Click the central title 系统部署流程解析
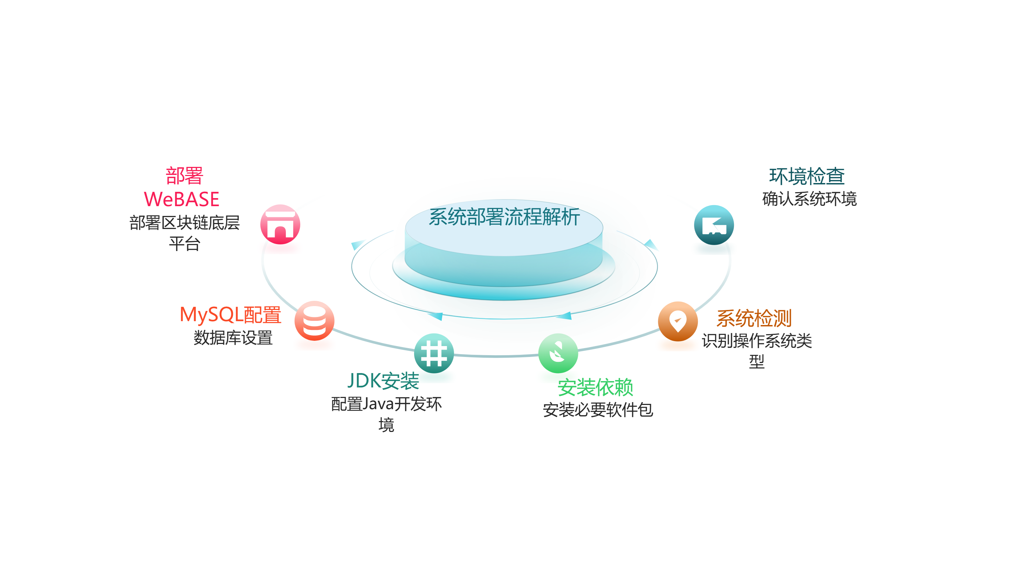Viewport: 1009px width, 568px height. pyautogui.click(x=504, y=217)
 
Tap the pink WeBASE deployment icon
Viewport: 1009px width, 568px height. pyautogui.click(x=280, y=225)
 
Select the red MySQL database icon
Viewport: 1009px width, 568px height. pyautogui.click(x=314, y=321)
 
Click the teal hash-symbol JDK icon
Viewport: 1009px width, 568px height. pyautogui.click(x=434, y=353)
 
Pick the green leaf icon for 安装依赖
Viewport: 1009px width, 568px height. pyautogui.click(x=558, y=353)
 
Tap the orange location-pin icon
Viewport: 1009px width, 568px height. pyautogui.click(x=678, y=322)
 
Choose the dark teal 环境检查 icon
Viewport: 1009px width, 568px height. pyautogui.click(x=714, y=225)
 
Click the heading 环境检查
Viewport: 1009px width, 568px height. pyautogui.click(x=806, y=176)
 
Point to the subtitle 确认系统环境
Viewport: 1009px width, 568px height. pyautogui.click(x=809, y=199)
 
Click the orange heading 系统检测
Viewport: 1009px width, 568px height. pyautogui.click(x=754, y=318)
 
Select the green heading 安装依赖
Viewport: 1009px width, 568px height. pyautogui.click(x=595, y=387)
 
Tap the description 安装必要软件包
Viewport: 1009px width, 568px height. pyautogui.click(x=598, y=410)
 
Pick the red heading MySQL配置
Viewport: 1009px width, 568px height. pyautogui.click(x=230, y=315)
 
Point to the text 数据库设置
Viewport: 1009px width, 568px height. pyautogui.click(x=233, y=338)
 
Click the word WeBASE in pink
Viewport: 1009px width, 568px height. pyautogui.click(x=182, y=199)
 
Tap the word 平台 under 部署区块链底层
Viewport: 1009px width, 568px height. pyautogui.click(x=185, y=244)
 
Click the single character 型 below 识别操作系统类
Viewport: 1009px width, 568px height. pyautogui.click(x=757, y=361)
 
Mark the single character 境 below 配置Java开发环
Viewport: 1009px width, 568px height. pyautogui.click(x=386, y=425)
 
